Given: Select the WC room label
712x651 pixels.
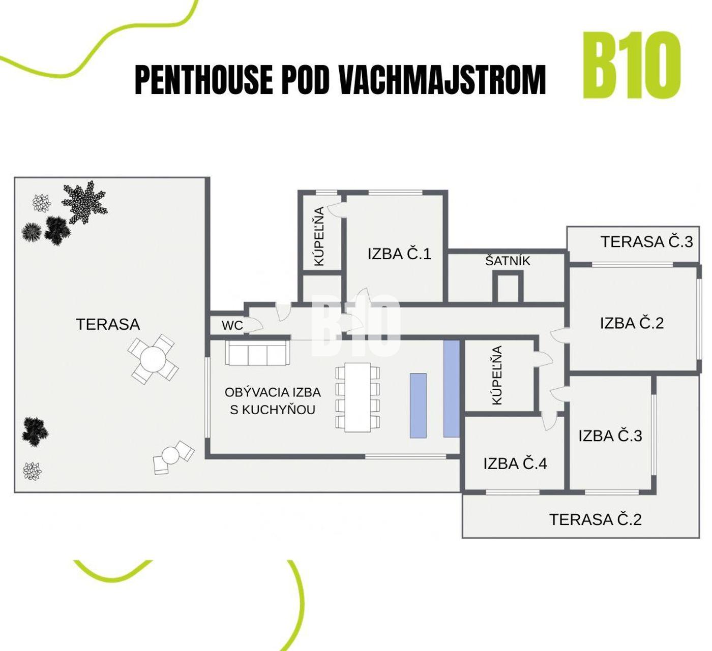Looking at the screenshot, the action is click(x=232, y=325).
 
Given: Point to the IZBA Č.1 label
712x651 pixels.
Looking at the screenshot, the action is click(x=399, y=254).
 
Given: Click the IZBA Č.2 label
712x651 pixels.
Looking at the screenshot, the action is click(x=632, y=323).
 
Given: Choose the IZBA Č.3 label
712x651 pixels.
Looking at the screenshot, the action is click(x=610, y=436).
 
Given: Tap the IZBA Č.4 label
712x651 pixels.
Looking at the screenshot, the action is click(x=515, y=463).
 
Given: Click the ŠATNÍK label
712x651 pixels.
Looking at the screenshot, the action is click(x=508, y=261).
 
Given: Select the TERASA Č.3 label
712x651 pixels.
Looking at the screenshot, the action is click(x=647, y=241).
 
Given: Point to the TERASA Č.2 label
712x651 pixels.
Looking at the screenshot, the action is click(x=596, y=519).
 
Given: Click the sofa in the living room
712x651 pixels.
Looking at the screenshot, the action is click(x=257, y=353).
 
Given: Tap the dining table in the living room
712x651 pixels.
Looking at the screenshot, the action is click(x=358, y=397).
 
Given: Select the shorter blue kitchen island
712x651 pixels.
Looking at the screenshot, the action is click(x=418, y=406).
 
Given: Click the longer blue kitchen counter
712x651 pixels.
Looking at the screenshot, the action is click(x=452, y=388).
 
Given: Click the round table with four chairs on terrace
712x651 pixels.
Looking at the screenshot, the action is click(x=153, y=359).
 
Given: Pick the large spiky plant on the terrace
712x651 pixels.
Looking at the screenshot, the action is click(x=84, y=203).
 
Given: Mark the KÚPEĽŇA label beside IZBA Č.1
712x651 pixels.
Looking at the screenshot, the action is click(x=319, y=236).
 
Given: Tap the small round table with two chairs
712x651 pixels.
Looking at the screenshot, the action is click(x=173, y=457).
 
